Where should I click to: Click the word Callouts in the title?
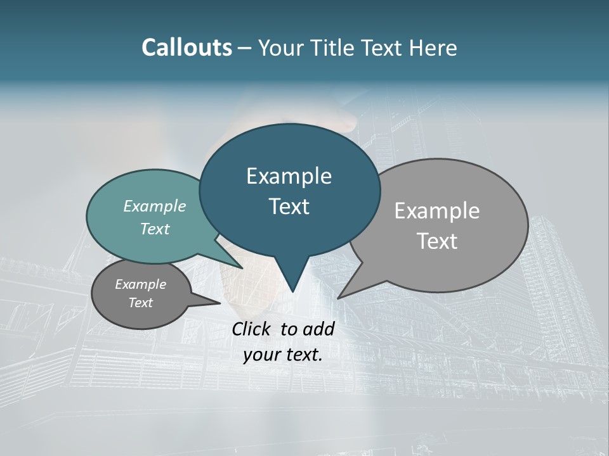pos(187,47)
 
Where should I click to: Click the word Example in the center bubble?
pos(289,176)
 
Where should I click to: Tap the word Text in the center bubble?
pos(289,206)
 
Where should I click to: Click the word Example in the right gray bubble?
pos(437,210)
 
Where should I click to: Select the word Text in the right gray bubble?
pos(437,241)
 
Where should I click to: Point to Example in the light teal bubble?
pos(155,206)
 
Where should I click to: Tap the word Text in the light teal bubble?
pos(155,229)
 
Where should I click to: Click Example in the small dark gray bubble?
pos(140,284)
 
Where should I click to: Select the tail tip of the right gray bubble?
pos(339,297)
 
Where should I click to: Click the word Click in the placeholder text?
pos(252,329)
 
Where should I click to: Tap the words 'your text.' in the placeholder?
pos(283,355)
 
